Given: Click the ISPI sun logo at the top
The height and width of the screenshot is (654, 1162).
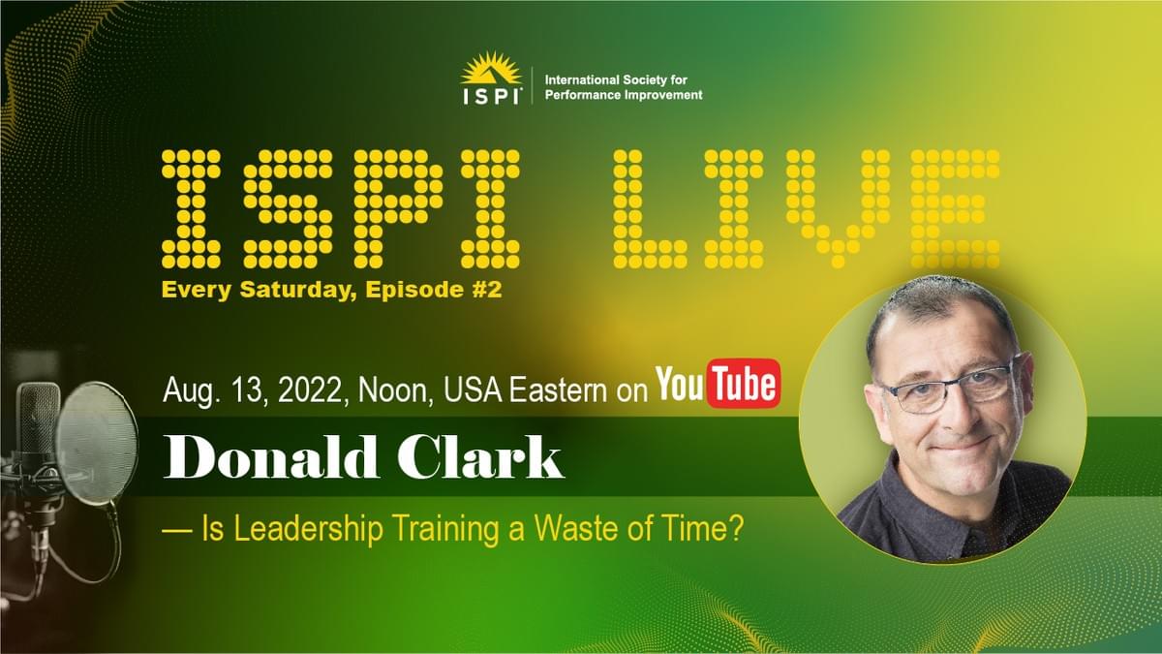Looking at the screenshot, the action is coord(491,78).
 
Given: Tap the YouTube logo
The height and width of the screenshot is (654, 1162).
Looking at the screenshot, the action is coord(718,383).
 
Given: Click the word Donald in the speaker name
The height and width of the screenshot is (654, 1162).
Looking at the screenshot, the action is coord(270,456).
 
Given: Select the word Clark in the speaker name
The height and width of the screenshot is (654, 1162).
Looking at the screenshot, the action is coord(480,456).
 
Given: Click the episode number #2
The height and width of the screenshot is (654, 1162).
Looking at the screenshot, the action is coord(486,289).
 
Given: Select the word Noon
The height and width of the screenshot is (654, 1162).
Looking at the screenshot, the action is coord(395,389).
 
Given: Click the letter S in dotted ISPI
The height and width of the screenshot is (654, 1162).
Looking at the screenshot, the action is coord(288,208).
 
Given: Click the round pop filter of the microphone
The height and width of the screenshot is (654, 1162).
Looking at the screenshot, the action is coord(97,444).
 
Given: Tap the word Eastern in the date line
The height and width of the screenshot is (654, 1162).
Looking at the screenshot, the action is coord(558,389).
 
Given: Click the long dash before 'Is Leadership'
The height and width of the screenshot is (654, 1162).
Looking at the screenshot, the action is coord(178,531).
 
